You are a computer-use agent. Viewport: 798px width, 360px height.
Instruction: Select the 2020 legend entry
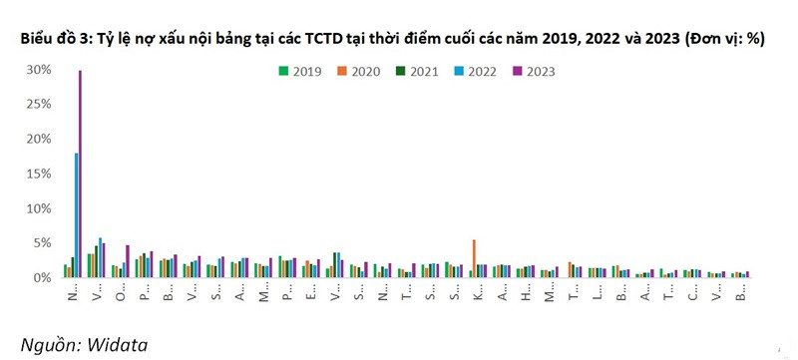(359, 71)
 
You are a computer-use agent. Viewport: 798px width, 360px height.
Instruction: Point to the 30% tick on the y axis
(39, 70)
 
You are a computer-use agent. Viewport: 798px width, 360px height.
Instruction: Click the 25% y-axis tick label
(39, 105)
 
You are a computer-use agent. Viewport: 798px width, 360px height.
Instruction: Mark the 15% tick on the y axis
(39, 174)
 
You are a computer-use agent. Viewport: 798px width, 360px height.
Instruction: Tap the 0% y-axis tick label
(43, 277)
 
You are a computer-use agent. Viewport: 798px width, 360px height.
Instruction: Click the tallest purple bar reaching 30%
(80, 175)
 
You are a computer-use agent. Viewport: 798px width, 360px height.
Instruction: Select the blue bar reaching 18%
(76, 214)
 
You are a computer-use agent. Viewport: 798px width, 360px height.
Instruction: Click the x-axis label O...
(120, 296)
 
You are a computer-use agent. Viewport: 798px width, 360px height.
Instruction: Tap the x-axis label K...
(476, 296)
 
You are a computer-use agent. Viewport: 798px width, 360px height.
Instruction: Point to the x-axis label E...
(310, 296)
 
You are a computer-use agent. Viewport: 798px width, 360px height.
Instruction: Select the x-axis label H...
(525, 296)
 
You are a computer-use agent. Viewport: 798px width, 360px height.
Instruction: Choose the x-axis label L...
(597, 296)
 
